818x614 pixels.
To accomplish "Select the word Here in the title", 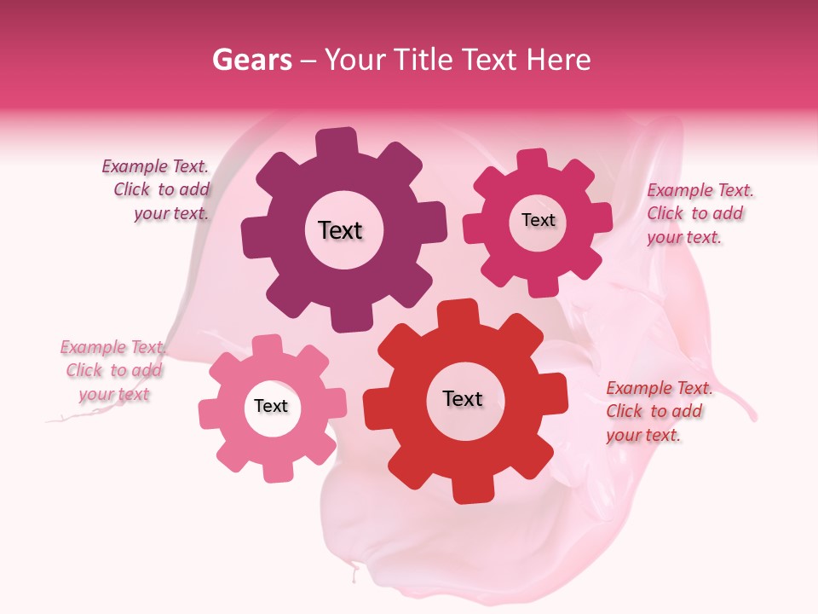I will [560, 60].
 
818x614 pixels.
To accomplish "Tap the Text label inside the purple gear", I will [340, 230].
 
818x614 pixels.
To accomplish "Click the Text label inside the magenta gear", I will [538, 220].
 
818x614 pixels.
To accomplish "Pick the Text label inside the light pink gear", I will [271, 406].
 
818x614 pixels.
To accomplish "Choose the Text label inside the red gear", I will [463, 398].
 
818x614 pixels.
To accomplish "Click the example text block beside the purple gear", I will [157, 190].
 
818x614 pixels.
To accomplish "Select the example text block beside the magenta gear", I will [699, 213].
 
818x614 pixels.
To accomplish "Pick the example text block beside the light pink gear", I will [112, 370].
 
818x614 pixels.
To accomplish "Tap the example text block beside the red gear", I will [658, 411].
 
